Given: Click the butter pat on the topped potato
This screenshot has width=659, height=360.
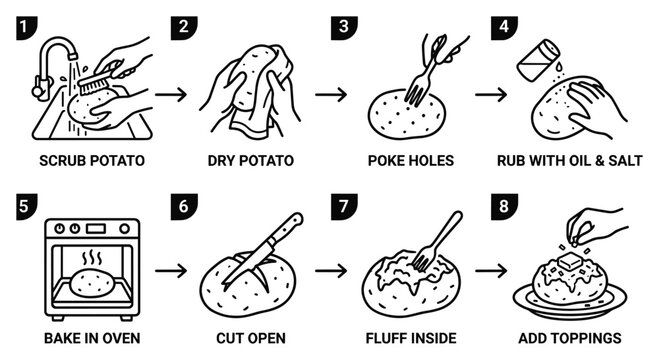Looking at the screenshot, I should click(x=569, y=261).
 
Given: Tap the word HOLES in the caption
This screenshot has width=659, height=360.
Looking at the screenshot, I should click(x=434, y=161).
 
